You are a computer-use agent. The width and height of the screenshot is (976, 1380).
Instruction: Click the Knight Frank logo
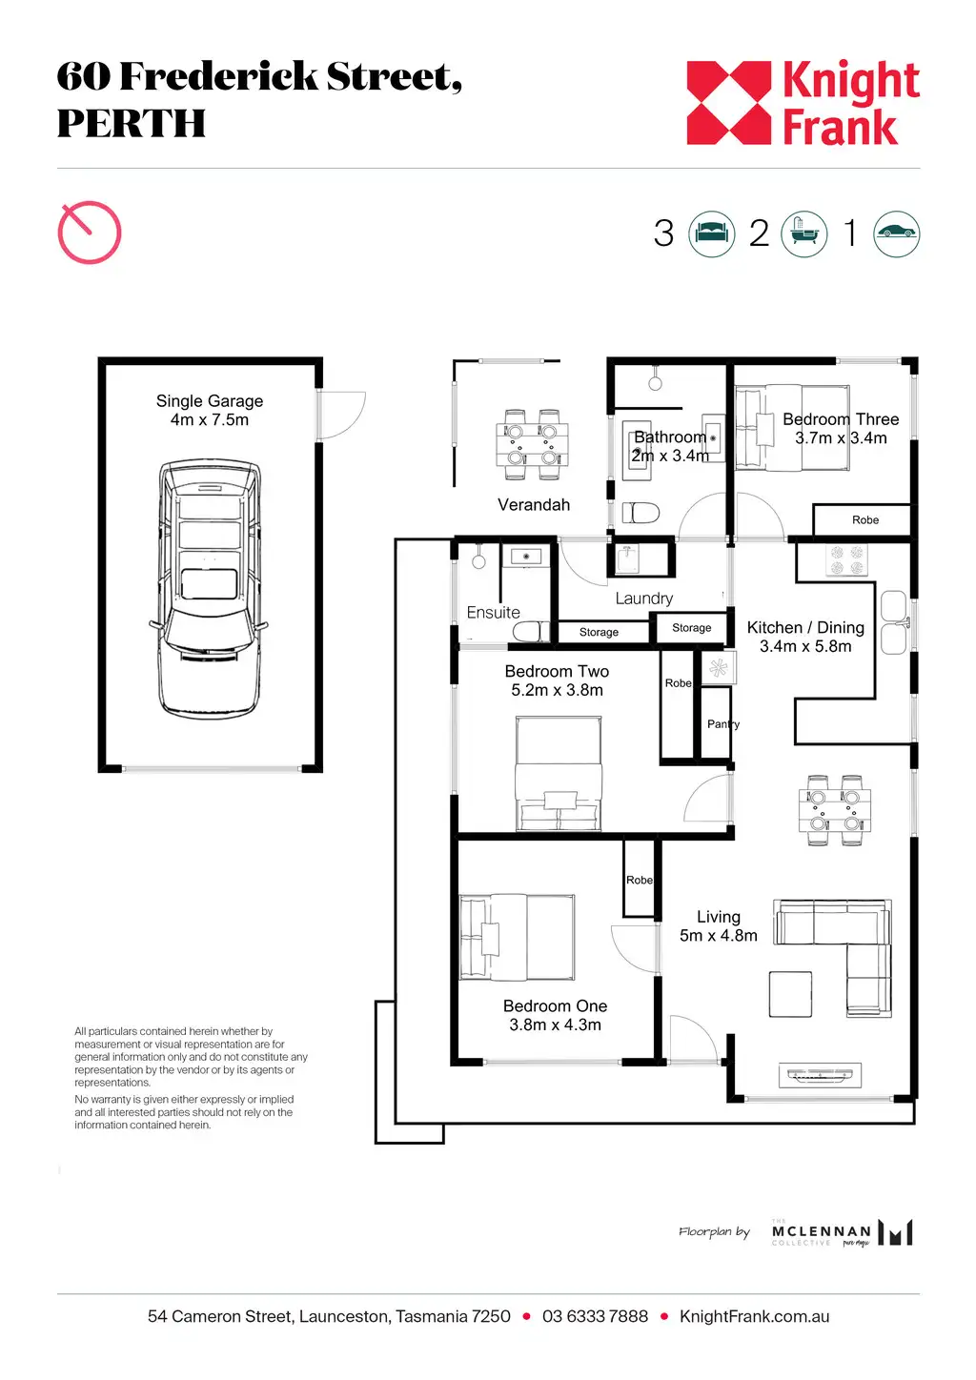pos(803,102)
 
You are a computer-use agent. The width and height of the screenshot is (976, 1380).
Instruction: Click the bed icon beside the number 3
pos(712,234)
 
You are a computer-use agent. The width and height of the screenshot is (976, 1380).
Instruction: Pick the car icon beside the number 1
pos(897,234)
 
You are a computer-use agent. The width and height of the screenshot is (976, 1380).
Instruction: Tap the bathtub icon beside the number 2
pos(804,234)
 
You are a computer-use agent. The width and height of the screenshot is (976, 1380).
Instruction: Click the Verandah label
pos(534,505)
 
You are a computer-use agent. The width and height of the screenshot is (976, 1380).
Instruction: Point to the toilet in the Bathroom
pos(640,513)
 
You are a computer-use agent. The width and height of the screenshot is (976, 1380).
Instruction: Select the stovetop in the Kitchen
pos(846,560)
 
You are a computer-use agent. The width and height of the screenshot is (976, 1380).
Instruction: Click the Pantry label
pos(723,724)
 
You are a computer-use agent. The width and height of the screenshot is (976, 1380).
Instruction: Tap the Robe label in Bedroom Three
pos(865,520)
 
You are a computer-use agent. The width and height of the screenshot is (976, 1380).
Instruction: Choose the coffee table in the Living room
pos(790,994)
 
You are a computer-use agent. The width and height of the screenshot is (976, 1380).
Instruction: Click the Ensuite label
pos(493,613)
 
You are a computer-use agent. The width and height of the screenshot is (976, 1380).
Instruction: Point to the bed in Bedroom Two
pos(559,773)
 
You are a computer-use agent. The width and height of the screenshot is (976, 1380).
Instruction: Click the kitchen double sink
pos(893,622)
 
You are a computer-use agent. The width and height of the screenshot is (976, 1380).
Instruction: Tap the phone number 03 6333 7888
pos(595,1316)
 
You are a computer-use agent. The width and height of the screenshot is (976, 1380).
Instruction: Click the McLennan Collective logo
pos(842,1232)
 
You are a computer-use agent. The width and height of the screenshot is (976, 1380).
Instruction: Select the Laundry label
pos(644,599)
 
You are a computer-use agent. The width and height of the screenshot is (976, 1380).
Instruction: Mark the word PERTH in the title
pos(132,123)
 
